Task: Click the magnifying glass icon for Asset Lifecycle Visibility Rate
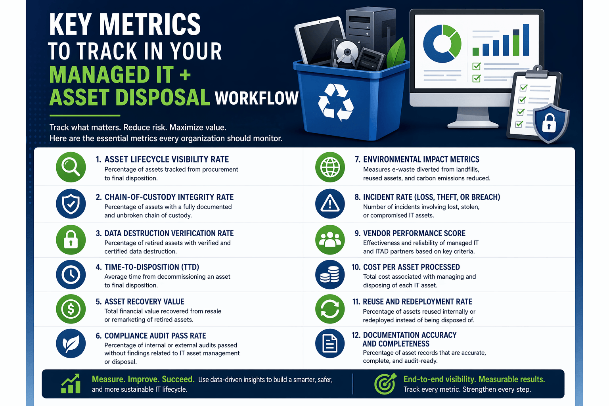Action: (x=71, y=167)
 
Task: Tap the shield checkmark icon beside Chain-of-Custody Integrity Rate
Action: (x=71, y=204)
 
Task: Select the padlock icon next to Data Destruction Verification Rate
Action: (x=71, y=239)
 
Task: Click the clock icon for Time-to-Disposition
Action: (x=71, y=274)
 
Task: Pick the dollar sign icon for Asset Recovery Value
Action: (x=71, y=309)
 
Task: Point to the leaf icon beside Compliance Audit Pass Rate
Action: (x=71, y=343)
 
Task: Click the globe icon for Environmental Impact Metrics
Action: (x=330, y=167)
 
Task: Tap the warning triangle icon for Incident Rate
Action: (x=330, y=204)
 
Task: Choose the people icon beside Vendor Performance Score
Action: (x=330, y=239)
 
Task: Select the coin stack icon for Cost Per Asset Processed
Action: (x=330, y=274)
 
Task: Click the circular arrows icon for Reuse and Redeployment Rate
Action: (x=330, y=309)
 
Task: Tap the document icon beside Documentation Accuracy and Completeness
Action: (x=330, y=343)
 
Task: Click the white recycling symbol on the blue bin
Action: (x=335, y=102)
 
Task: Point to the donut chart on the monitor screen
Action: (x=442, y=44)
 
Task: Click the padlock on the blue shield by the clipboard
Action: (x=549, y=123)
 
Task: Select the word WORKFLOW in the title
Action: (x=257, y=98)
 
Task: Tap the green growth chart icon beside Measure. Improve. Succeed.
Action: (x=71, y=384)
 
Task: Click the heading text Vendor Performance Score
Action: (x=414, y=234)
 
